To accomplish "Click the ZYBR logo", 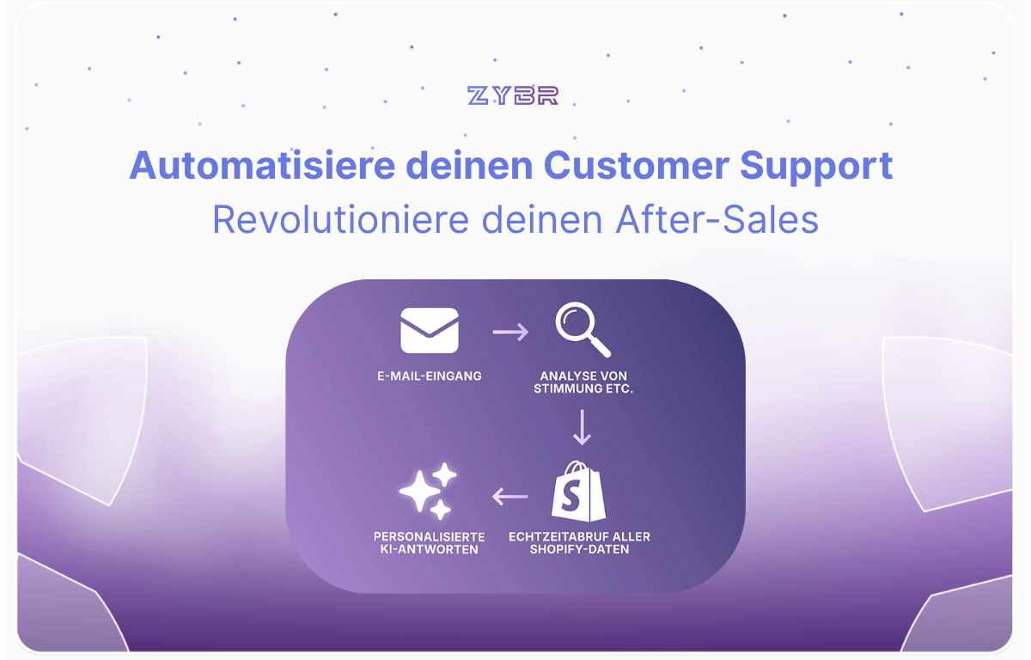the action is [x=513, y=95].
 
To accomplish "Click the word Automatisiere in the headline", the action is [x=262, y=165].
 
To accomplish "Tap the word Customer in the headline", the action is [x=636, y=165].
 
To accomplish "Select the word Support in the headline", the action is [x=816, y=167].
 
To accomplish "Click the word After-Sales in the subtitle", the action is [x=717, y=219].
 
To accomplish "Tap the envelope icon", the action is [x=430, y=331].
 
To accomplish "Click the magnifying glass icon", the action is [x=583, y=329].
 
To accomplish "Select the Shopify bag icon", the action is [x=578, y=491].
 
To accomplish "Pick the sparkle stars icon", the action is [x=429, y=491].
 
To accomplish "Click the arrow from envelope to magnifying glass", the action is [x=510, y=332].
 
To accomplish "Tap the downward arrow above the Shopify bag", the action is [x=583, y=427].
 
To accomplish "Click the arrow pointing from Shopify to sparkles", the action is [x=510, y=497].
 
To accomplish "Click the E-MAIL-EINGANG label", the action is [x=430, y=376].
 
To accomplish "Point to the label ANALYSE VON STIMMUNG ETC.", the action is [x=583, y=382].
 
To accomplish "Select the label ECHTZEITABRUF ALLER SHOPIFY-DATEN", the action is [x=579, y=542].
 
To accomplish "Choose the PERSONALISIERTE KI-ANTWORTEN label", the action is [x=429, y=543].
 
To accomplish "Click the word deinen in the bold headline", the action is [x=469, y=165].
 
